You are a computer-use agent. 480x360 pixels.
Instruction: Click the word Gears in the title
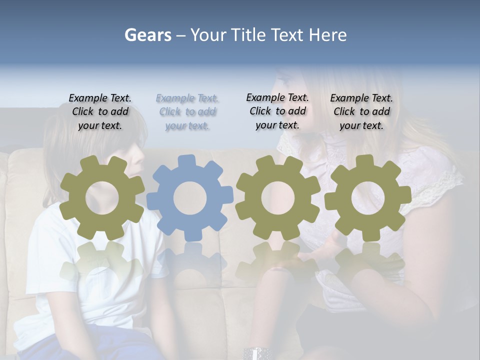point(147,35)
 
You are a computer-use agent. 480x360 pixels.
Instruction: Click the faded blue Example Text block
point(187,112)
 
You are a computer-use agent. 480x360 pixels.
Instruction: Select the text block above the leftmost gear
point(100,111)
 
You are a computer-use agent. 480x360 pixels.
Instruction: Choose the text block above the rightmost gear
point(361,111)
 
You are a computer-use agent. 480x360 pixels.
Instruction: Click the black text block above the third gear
point(277,111)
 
